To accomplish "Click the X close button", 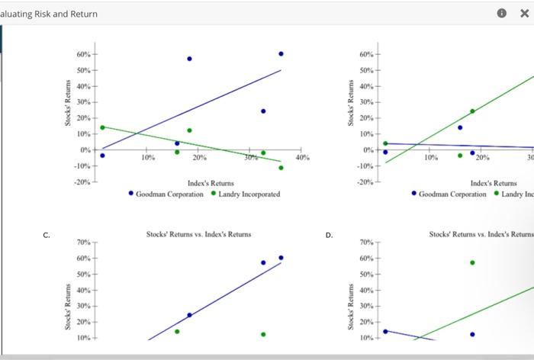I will [524, 14].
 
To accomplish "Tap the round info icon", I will [501, 14].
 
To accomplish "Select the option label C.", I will [47, 235].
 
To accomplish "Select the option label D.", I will [329, 235].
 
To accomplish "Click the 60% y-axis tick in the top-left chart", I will [82, 55].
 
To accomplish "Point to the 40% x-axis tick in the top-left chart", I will [302, 157].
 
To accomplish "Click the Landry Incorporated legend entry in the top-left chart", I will [246, 194].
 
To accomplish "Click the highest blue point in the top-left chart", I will [281, 53].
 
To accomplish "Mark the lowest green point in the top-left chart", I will [281, 168].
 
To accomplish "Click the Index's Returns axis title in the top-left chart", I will [211, 183].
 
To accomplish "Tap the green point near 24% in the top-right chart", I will [472, 111].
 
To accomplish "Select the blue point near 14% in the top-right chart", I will [460, 127].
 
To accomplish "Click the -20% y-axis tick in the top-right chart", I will [365, 182].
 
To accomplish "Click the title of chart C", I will [198, 234].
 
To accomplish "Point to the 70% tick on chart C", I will [83, 243].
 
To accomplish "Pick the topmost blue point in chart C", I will [281, 258].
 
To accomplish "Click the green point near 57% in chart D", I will [472, 262].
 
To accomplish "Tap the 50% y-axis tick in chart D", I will [365, 274].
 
